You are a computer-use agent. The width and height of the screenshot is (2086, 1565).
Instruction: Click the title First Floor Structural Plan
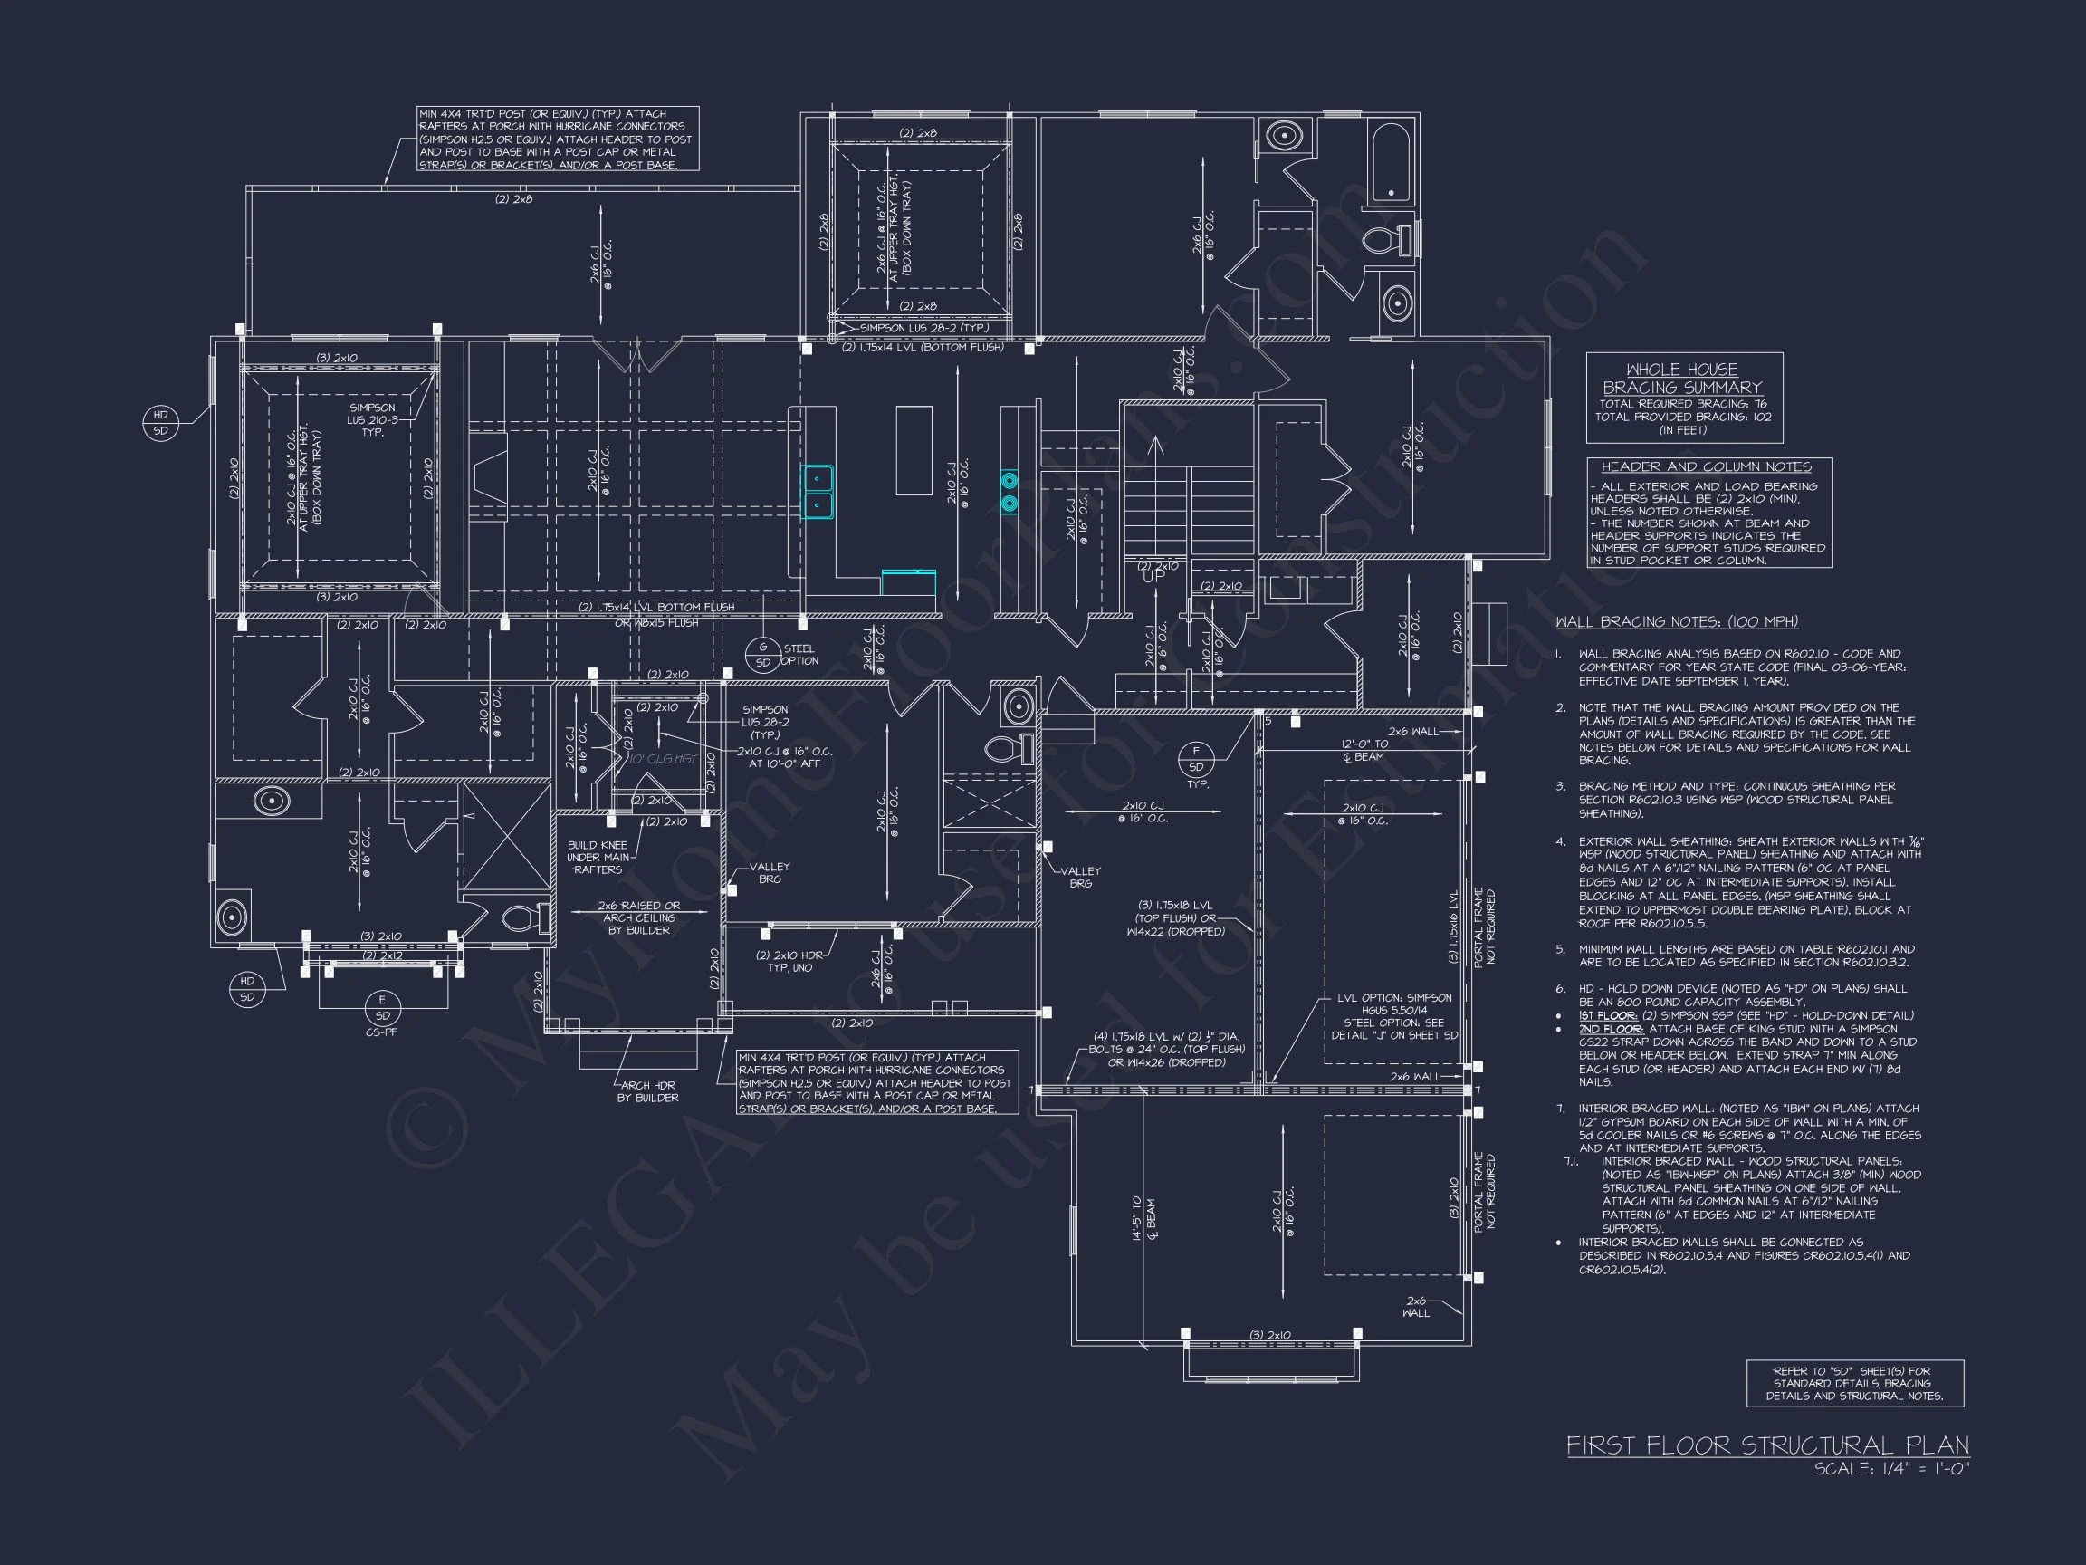point(1767,1445)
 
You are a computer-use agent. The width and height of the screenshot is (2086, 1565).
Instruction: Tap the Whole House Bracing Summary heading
point(1683,379)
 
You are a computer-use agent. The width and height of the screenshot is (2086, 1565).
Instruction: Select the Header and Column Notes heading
point(1706,467)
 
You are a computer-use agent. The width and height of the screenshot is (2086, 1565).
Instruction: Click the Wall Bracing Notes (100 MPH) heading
point(1677,621)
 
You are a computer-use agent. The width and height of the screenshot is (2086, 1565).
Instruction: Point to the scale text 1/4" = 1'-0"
point(1891,1469)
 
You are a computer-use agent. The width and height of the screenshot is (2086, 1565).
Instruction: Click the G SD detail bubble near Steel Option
point(763,655)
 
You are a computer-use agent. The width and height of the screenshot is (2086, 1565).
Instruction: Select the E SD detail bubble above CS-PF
point(382,1007)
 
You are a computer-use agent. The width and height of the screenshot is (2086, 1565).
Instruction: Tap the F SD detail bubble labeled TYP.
point(1196,758)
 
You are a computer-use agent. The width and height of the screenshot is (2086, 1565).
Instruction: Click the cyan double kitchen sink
point(817,492)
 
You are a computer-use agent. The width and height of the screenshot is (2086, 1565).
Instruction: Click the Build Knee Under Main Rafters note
point(597,857)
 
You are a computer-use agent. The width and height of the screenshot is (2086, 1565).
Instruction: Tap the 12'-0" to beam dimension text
point(1364,750)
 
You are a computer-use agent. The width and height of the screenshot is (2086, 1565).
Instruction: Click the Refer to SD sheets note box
point(1854,1383)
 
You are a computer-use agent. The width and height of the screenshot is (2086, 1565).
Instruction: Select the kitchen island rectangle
point(914,450)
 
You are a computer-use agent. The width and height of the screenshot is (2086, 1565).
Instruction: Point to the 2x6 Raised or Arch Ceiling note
point(638,917)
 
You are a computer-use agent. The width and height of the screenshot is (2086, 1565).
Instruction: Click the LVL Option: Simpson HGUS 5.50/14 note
point(1393,1016)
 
